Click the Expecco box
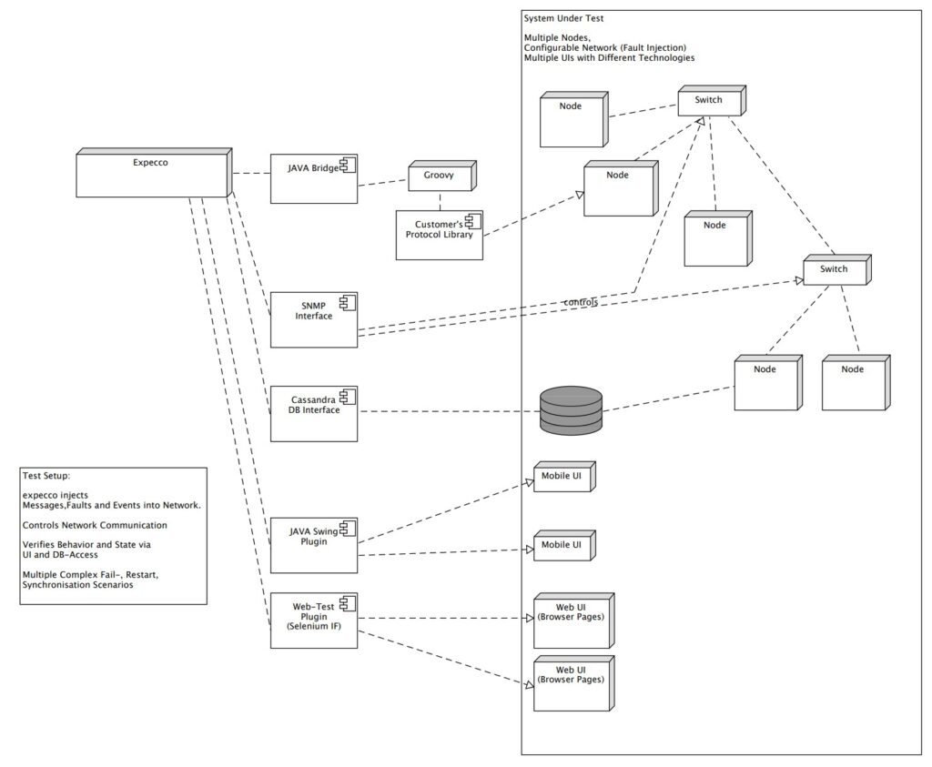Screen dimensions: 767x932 [150, 174]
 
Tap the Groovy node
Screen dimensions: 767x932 [439, 177]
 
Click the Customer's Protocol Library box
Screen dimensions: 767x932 [439, 235]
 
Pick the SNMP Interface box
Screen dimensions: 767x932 [313, 319]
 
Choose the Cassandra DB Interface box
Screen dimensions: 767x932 [313, 414]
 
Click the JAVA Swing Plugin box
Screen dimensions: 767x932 [313, 545]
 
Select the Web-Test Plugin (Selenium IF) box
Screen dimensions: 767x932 [313, 621]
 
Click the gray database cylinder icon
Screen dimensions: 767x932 [571, 410]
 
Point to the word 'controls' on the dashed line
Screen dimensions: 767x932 [581, 302]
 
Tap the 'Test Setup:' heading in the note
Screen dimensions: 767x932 [46, 475]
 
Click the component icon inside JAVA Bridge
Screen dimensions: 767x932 [347, 165]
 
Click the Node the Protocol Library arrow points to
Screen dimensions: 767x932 [618, 189]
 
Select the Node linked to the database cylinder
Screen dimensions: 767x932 [766, 383]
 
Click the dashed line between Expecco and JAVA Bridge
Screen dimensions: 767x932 [248, 174]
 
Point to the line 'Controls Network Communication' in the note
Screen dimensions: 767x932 [95, 525]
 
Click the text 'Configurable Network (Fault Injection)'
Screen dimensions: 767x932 [605, 47]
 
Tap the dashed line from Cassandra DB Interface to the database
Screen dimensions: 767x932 [446, 412]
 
